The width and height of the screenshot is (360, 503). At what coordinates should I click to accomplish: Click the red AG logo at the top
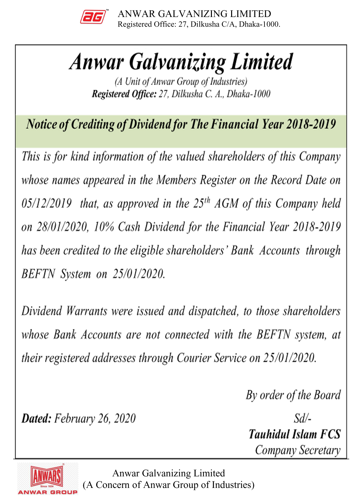tap(93, 17)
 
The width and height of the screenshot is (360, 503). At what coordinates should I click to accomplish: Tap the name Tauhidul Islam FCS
tap(295, 434)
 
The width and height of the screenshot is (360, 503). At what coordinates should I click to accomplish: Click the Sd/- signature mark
tap(302, 419)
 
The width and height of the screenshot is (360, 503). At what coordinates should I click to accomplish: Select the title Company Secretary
tap(297, 450)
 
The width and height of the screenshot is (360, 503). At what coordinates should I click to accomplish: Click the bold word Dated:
tap(36, 419)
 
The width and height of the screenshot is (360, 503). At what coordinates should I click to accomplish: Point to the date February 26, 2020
tap(95, 419)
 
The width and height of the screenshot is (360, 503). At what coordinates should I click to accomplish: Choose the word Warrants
tap(87, 311)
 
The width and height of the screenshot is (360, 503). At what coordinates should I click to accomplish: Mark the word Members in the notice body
tap(176, 180)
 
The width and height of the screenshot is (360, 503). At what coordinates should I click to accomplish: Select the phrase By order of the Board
tap(293, 395)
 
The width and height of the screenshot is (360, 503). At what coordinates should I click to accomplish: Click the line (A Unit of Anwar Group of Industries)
tap(181, 82)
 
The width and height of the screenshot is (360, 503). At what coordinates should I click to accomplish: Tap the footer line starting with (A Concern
tap(169, 485)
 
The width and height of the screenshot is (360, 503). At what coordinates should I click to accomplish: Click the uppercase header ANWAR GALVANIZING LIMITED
tap(194, 14)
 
